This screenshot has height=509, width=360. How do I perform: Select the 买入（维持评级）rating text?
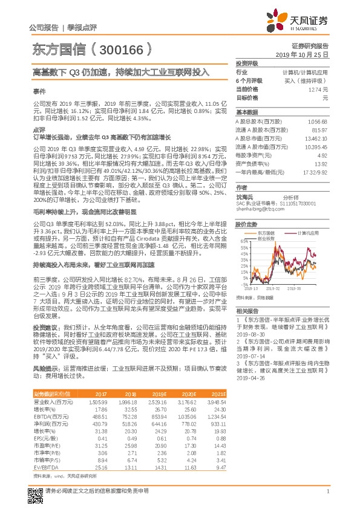point(315,80)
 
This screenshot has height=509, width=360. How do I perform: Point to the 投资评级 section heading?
point(247,63)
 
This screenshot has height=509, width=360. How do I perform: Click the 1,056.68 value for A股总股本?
point(317,122)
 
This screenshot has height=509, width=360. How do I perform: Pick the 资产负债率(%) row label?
point(252,164)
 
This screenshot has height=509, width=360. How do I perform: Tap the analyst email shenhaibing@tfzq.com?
point(258,209)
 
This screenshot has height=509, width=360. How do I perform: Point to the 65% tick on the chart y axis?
point(243,241)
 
